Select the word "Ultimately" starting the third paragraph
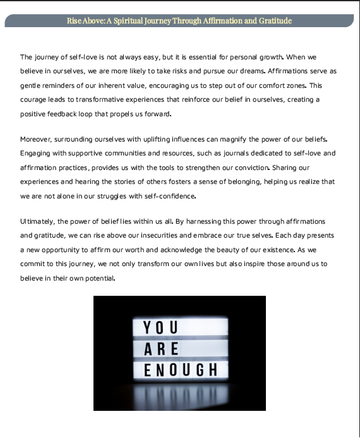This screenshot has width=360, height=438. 39,221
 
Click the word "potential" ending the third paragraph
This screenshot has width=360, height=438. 97,277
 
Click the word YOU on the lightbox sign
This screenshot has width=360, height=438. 161,327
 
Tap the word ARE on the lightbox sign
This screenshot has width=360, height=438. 161,348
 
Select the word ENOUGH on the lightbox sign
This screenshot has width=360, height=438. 181,368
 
